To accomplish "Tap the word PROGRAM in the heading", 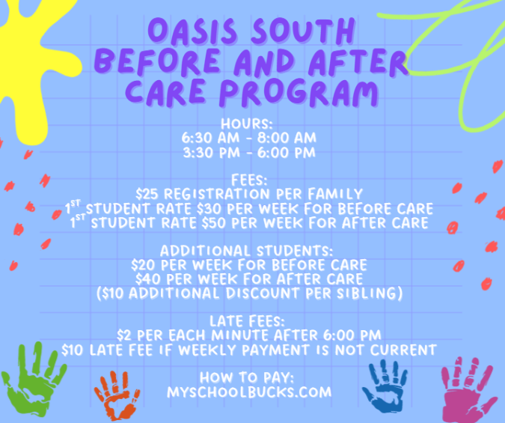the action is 299,93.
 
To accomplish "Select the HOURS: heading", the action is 247,124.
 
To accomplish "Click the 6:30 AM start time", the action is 211,138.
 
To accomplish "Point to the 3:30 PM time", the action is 212,153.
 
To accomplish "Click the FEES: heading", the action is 249,180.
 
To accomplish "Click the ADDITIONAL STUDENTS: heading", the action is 247,251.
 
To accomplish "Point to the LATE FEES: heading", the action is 247,321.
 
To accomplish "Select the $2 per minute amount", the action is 124,335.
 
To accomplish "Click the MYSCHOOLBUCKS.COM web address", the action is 249,392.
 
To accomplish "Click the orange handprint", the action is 117,395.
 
